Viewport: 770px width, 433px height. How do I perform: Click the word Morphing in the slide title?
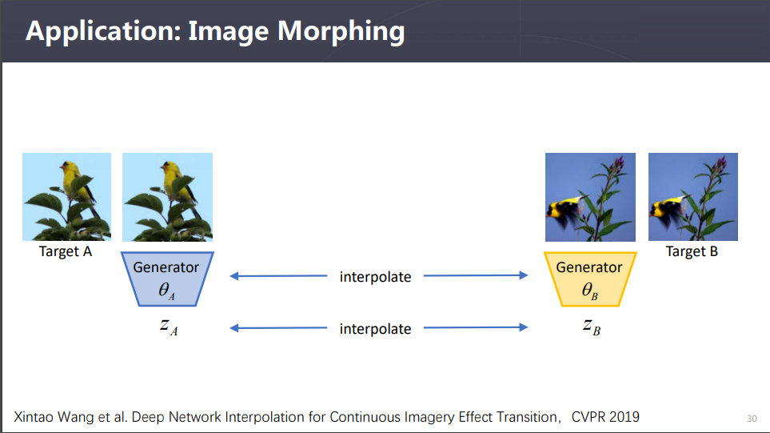pos(341,31)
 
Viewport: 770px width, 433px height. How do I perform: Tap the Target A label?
pos(66,251)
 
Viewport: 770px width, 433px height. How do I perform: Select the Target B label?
pos(692,251)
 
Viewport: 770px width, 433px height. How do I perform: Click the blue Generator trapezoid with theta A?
pos(166,279)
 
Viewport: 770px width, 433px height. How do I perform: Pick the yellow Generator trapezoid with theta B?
pos(589,279)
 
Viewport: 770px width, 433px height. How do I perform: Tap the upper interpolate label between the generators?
pos(375,277)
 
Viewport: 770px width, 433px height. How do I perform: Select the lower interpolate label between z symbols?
pos(375,328)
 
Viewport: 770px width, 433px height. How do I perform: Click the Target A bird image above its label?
pos(66,197)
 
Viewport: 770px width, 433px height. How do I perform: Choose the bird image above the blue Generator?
pos(167,197)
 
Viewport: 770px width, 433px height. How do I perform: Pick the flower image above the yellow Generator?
pos(590,197)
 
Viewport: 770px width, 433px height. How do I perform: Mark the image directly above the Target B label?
pos(692,197)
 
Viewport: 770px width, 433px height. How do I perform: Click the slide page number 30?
pos(751,418)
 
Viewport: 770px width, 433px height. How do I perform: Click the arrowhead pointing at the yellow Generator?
pos(523,276)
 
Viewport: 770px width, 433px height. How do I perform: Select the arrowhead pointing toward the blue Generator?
pos(234,276)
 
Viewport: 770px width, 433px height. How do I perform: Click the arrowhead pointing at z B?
pos(523,327)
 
